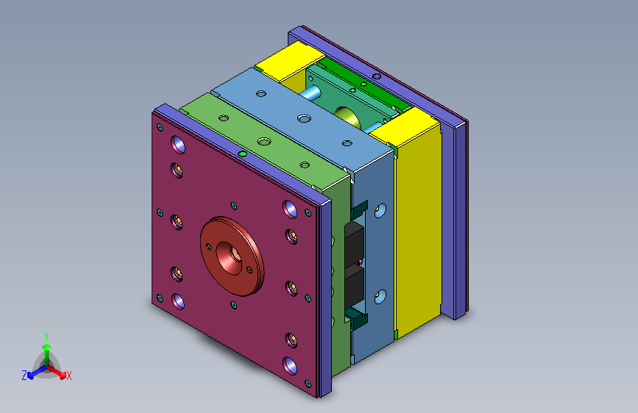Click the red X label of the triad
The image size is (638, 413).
[x=68, y=376]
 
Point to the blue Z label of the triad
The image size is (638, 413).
[x=24, y=376]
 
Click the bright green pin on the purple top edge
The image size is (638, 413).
[x=243, y=154]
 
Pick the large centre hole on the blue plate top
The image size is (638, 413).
[x=304, y=119]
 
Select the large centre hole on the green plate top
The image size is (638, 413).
[x=264, y=141]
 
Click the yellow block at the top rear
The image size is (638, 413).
[x=290, y=60]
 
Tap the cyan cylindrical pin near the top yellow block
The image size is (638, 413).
[x=310, y=93]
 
